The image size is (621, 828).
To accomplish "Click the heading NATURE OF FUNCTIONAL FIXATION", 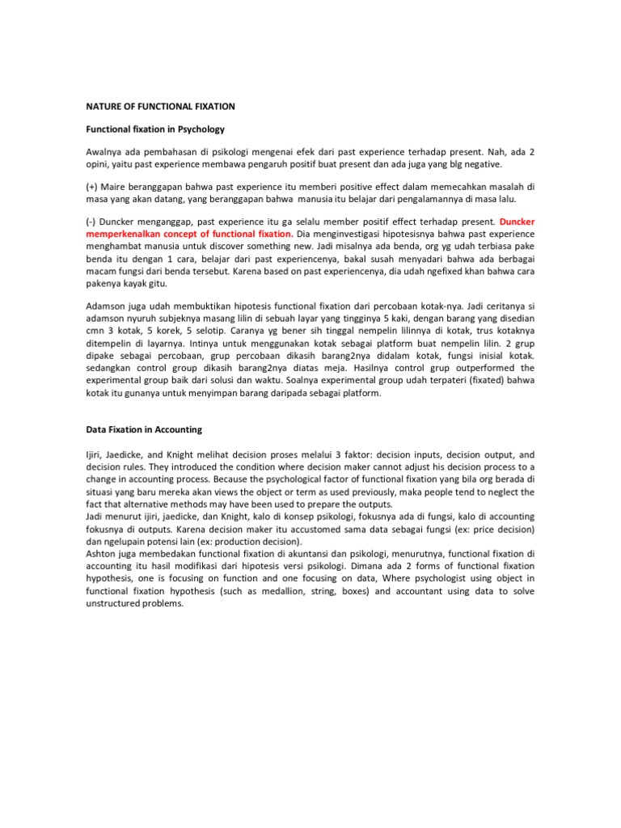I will [161, 105].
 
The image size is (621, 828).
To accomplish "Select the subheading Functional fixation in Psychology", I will [155, 129].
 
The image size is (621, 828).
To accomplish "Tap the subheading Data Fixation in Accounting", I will [144, 429].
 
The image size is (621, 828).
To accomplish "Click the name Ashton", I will [103, 553].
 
